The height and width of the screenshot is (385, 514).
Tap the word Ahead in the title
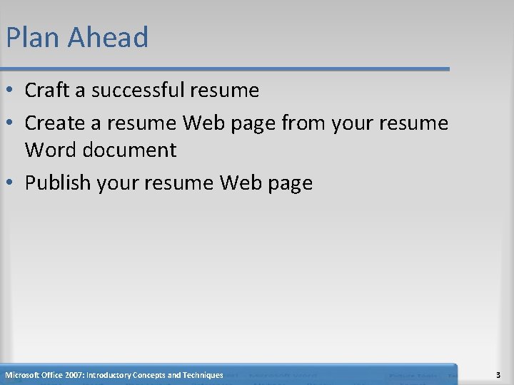(109, 38)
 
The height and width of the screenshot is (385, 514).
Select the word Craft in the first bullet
(47, 91)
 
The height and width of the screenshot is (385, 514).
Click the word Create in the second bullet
(54, 123)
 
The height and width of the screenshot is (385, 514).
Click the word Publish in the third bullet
(57, 183)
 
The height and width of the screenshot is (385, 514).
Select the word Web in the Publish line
(241, 183)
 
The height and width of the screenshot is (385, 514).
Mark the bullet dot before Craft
(11, 91)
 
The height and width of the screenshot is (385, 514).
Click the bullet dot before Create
(11, 124)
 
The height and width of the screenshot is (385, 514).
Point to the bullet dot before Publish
(11, 184)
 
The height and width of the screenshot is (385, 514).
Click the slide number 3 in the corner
(497, 375)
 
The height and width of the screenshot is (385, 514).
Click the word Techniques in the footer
(203, 375)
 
